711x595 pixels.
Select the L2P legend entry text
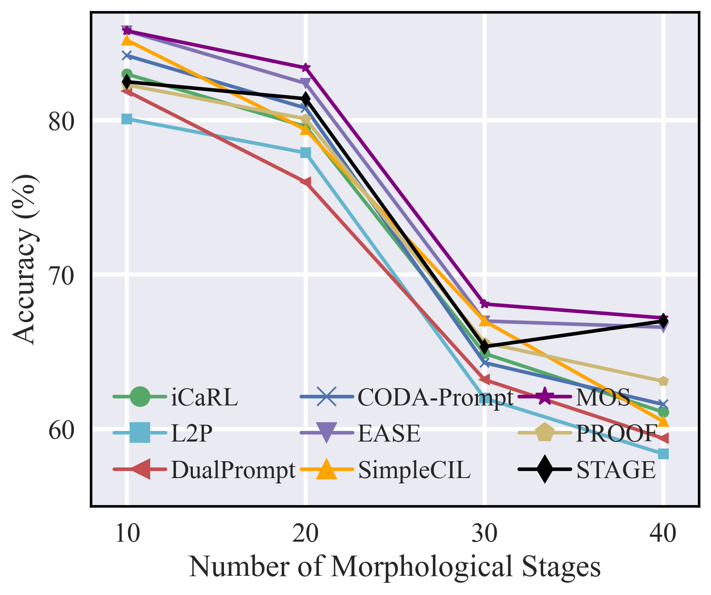(192, 433)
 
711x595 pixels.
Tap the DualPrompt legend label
(233, 470)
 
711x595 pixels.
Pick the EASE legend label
(389, 433)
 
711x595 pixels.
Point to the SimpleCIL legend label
(414, 470)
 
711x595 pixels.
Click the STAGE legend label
(616, 470)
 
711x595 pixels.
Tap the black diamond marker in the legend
(544, 469)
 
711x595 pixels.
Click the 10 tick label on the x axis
(127, 535)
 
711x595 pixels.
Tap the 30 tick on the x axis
(485, 535)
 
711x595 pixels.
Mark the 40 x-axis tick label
(663, 535)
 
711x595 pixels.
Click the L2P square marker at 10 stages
(127, 119)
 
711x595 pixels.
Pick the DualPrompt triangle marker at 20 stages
(306, 182)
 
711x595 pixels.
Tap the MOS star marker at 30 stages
(485, 304)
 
